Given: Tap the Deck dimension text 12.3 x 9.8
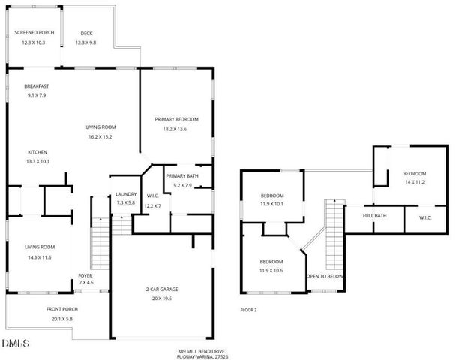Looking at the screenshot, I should [x=86, y=43].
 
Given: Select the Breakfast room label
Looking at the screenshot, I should [x=37, y=86].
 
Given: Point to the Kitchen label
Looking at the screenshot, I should [x=37, y=151].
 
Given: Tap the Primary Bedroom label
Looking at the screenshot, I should [x=176, y=119].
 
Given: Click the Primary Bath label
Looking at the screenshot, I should [x=182, y=175].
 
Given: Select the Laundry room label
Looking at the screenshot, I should [x=124, y=193].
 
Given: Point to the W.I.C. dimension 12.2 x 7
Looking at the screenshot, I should [x=153, y=205].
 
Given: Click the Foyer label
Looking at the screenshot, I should [x=85, y=275].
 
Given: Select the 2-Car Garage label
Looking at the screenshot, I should [x=162, y=289].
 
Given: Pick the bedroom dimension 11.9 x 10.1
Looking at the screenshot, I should [x=271, y=202].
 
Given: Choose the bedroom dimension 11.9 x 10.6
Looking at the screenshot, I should [x=271, y=270].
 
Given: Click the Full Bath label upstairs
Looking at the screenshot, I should [x=374, y=217].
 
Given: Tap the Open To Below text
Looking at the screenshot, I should [x=325, y=276].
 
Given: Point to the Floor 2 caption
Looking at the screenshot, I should [x=248, y=309].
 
